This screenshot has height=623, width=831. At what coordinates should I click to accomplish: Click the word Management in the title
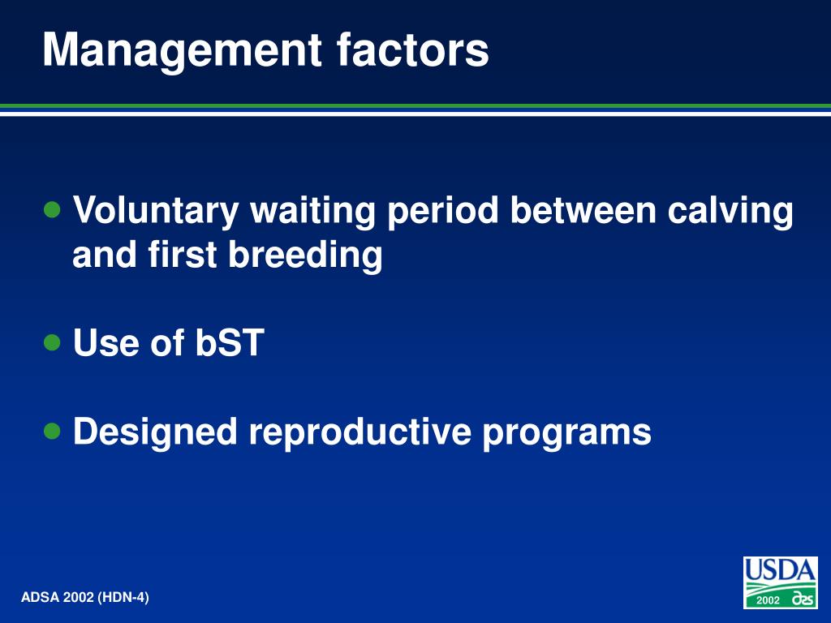click(x=182, y=51)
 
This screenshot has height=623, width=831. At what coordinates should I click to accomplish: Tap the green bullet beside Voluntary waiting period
click(x=52, y=210)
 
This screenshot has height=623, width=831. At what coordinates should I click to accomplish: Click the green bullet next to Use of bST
click(x=52, y=342)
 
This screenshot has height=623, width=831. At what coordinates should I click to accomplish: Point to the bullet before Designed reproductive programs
click(x=52, y=431)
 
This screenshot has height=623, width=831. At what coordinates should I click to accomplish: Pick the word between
click(x=583, y=210)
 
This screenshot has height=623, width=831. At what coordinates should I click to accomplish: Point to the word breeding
click(x=305, y=256)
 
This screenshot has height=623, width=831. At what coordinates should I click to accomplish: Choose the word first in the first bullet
click(x=183, y=254)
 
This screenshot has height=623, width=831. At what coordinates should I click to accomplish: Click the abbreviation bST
click(x=230, y=342)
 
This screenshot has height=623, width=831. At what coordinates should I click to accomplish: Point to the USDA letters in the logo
click(x=780, y=570)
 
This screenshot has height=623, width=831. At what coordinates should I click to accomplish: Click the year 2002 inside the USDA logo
click(x=768, y=600)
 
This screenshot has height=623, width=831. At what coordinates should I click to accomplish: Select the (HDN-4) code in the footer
click(x=123, y=598)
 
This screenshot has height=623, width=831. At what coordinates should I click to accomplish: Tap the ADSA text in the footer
click(x=41, y=598)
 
